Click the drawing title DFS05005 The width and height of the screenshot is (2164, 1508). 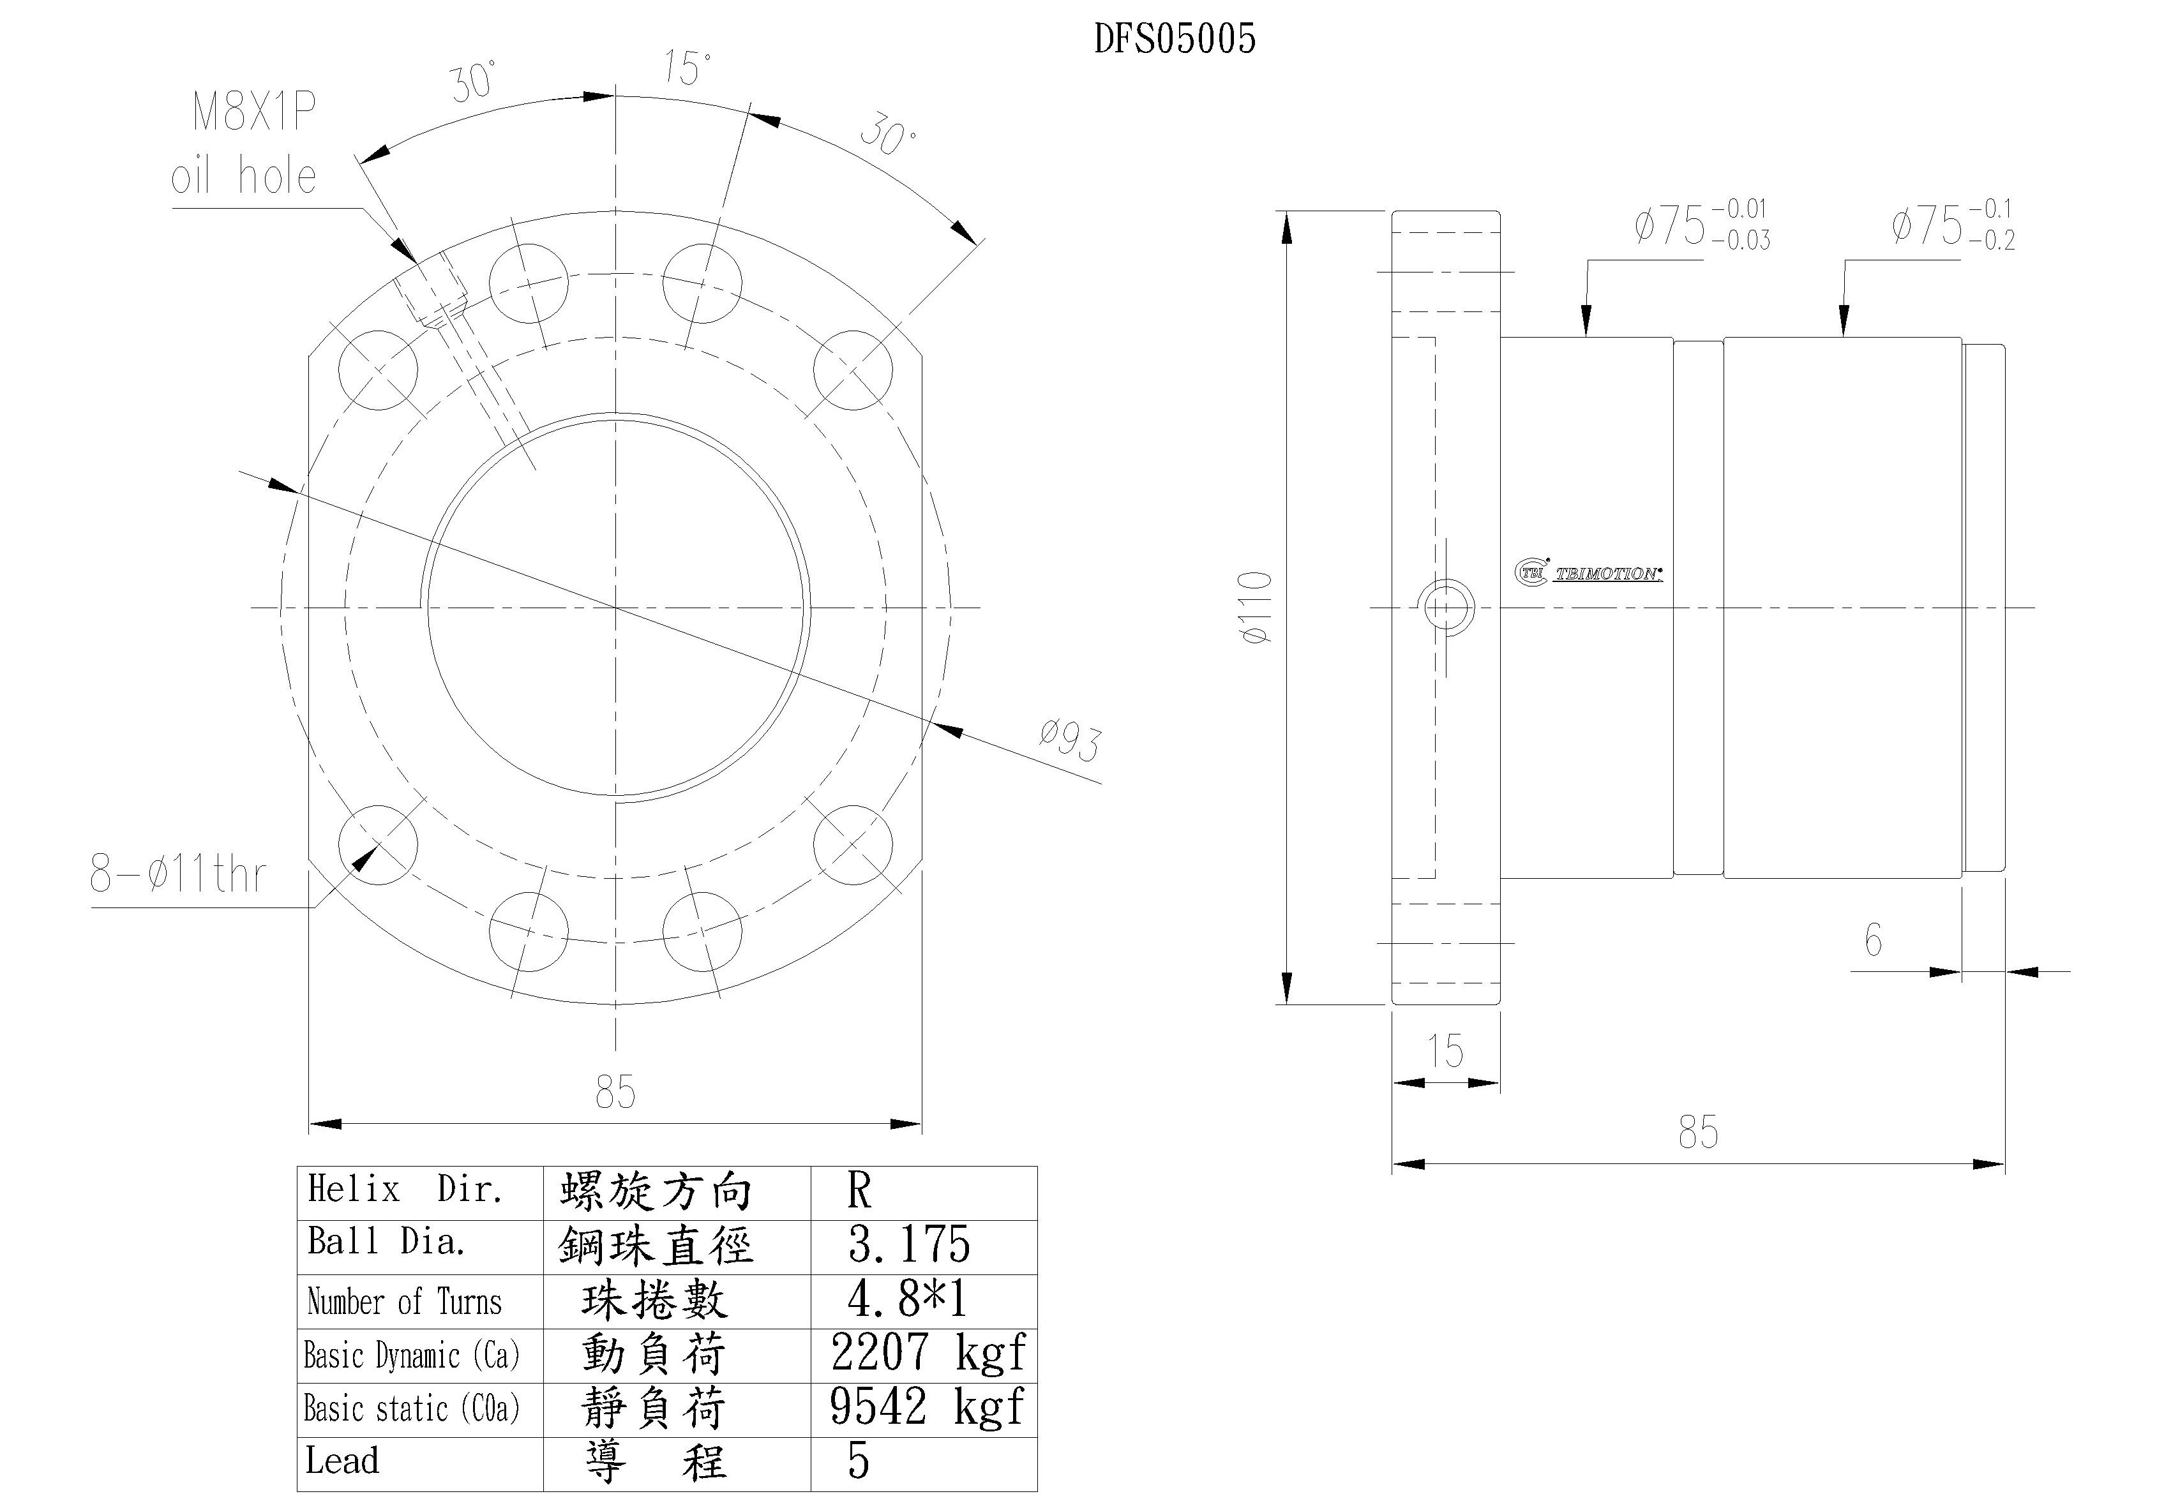point(1175,40)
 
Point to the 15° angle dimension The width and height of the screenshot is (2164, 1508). point(686,68)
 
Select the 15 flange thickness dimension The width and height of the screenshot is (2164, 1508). point(1445,1051)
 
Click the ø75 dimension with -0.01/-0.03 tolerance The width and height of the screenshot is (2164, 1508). point(1701,225)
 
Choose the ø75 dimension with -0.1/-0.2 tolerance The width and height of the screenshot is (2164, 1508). point(1953,225)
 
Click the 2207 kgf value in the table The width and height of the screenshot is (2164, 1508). point(926,1354)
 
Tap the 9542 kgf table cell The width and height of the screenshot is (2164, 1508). point(926,1407)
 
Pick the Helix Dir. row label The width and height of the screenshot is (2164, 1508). point(405,1190)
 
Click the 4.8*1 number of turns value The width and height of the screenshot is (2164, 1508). point(906,1300)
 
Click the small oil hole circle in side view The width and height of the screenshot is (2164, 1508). point(1446,608)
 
